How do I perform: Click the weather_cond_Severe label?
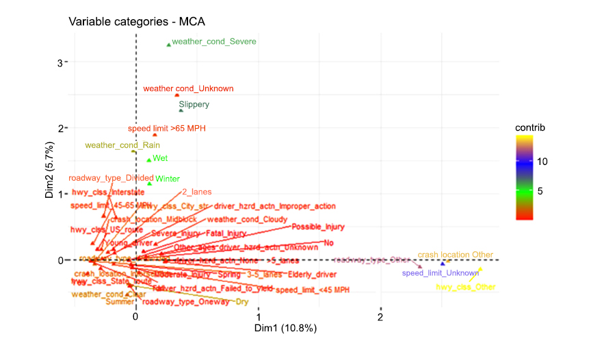[214, 42]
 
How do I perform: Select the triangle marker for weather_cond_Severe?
[169, 45]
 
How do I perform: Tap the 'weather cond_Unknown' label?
[188, 88]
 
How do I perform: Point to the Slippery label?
[194, 105]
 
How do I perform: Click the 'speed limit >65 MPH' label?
[167, 128]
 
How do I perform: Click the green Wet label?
[160, 158]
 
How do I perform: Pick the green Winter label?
[168, 179]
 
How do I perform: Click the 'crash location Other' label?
[455, 255]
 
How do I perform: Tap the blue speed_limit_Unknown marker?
[443, 263]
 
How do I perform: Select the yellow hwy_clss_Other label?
[466, 287]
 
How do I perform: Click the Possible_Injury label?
[318, 227]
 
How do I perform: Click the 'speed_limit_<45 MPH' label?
[313, 290]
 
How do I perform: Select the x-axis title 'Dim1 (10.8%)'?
[285, 329]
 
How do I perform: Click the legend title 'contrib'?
[531, 127]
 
